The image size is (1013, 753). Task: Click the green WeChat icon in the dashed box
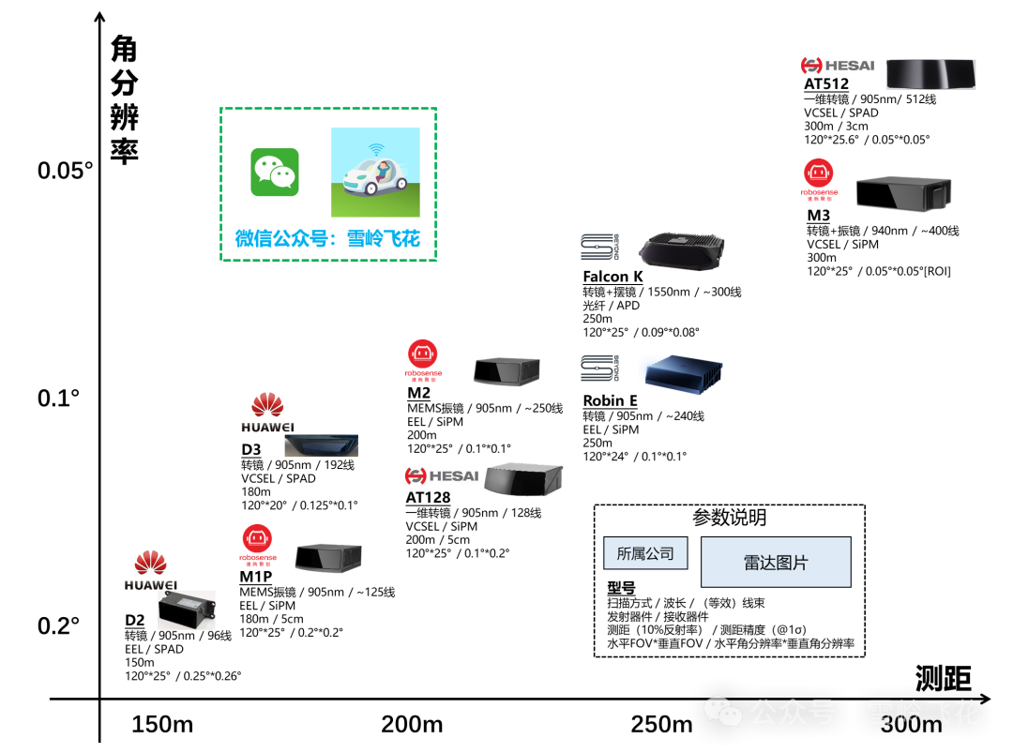tap(275, 173)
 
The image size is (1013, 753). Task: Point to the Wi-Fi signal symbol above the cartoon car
tap(376, 148)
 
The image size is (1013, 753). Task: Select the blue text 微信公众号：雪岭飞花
tap(327, 238)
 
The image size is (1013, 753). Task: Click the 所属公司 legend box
tap(645, 553)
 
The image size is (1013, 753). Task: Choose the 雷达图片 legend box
tap(776, 563)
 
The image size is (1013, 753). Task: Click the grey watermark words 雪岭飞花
tap(923, 712)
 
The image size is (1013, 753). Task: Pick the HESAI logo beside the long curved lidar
tap(837, 66)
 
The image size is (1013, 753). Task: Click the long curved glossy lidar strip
tap(930, 74)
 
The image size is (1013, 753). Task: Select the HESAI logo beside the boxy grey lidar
tap(442, 475)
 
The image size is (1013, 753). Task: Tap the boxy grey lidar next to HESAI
tap(523, 478)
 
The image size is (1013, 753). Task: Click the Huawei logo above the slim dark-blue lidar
tap(268, 414)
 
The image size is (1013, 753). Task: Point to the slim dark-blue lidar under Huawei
tap(321, 445)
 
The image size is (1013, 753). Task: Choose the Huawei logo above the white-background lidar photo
tap(151, 571)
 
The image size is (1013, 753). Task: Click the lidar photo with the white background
tap(187, 610)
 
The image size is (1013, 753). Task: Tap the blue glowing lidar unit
tap(680, 372)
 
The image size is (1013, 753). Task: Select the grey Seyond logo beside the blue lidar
tap(599, 368)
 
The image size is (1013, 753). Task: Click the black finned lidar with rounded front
tap(681, 249)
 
